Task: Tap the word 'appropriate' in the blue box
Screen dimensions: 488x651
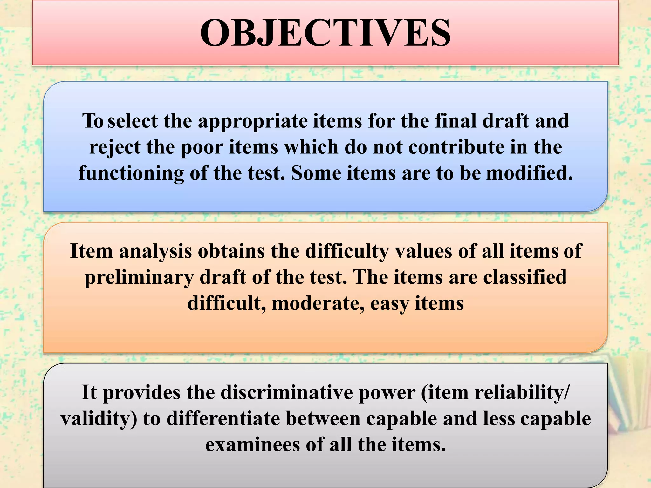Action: tap(253, 122)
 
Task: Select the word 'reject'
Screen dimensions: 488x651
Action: tap(114, 148)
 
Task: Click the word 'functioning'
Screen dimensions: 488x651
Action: tap(131, 174)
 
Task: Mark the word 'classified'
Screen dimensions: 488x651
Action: tap(525, 277)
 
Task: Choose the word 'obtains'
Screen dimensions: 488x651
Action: tap(231, 251)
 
